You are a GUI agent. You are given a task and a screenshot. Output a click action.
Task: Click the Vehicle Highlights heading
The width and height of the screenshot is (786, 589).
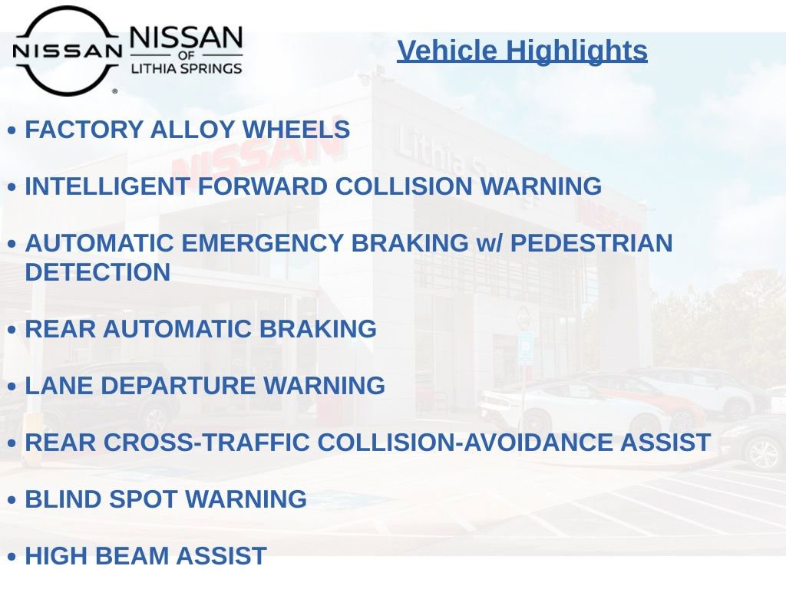522,51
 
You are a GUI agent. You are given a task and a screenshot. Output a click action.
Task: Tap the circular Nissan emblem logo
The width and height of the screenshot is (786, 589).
68,51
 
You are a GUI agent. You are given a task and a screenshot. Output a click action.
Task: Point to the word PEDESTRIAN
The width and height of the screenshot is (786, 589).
591,244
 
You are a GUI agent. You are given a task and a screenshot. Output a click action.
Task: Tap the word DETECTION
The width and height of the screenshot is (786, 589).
97,272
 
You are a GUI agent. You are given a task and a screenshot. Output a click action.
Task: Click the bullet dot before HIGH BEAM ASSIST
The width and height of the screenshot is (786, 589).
12,557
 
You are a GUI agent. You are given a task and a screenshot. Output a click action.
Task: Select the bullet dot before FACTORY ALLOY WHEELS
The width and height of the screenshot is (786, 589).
12,131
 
